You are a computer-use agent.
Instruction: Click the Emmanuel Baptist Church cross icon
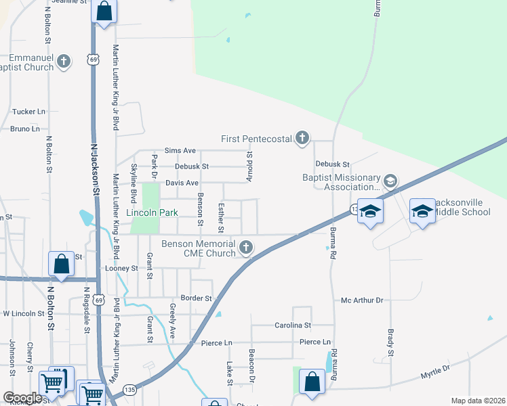pyautogui.click(x=64, y=62)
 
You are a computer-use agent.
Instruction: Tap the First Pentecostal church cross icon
pyautogui.click(x=302, y=139)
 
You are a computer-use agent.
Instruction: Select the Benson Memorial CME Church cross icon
pyautogui.click(x=246, y=248)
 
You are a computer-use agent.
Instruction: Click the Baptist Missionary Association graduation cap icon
pyautogui.click(x=390, y=181)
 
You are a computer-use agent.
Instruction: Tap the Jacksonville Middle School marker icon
pyautogui.click(x=422, y=212)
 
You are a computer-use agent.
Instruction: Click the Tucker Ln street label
pyautogui.click(x=28, y=112)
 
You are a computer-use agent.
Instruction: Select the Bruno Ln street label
pyautogui.click(x=25, y=129)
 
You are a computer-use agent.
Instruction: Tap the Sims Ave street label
pyautogui.click(x=180, y=151)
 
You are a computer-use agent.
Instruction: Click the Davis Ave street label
pyautogui.click(x=182, y=183)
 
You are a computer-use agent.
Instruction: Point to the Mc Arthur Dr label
pyautogui.click(x=362, y=300)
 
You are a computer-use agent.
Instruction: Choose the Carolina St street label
pyautogui.click(x=293, y=325)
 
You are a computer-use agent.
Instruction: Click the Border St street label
pyautogui.click(x=197, y=298)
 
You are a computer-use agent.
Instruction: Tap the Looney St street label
pyautogui.click(x=122, y=269)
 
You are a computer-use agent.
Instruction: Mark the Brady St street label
pyautogui.click(x=391, y=343)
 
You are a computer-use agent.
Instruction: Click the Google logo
pyautogui.click(x=22, y=398)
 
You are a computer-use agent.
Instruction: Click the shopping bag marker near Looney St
pyautogui.click(x=61, y=265)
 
